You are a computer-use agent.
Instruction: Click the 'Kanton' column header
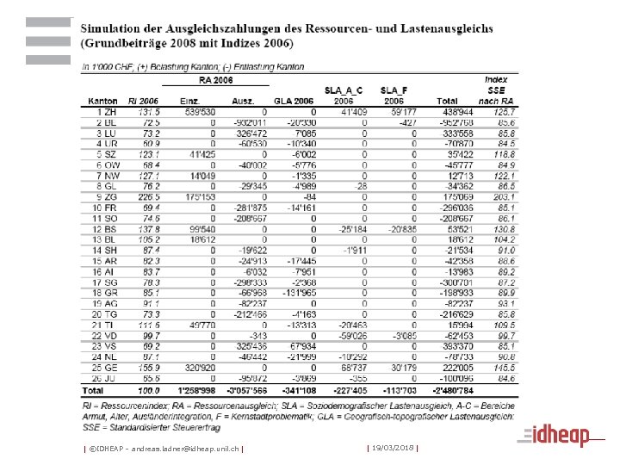(102, 101)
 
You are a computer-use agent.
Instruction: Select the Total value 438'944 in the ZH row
(459, 112)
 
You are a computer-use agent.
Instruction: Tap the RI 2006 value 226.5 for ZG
(148, 196)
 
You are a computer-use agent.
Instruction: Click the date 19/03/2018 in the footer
(392, 448)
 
